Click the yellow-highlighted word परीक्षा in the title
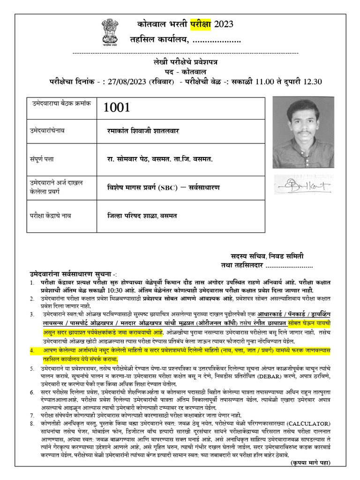(x=201, y=24)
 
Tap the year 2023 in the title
(x=223, y=24)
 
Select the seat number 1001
(x=117, y=107)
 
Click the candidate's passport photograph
(x=303, y=132)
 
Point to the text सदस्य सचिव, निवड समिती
(x=267, y=256)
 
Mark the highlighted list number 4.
(x=32, y=350)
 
